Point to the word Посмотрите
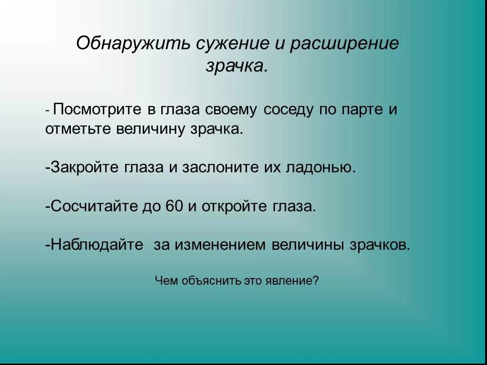[97, 110]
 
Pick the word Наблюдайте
[97, 245]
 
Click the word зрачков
[380, 245]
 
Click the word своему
[231, 110]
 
